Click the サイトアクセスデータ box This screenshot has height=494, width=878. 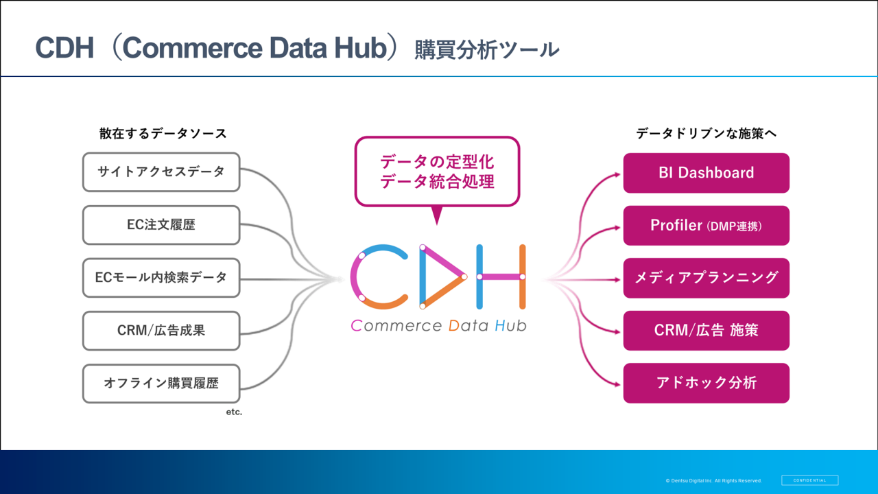click(161, 172)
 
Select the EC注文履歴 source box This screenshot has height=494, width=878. click(161, 225)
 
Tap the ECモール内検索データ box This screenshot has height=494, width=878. click(161, 278)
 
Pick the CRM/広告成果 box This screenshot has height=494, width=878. click(161, 331)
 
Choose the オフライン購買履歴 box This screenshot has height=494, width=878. click(161, 384)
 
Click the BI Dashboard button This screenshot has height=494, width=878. click(706, 173)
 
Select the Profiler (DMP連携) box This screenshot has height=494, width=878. click(706, 226)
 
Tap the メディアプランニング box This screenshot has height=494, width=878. click(706, 278)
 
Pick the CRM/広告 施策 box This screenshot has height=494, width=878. click(706, 331)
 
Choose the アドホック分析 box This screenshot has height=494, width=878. click(706, 383)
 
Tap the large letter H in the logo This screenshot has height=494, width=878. click(501, 276)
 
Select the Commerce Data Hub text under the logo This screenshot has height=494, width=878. click(438, 325)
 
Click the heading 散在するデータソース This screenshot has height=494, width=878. click(163, 134)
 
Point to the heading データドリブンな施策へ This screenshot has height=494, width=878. click(706, 134)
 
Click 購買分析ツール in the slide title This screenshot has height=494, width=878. click(486, 50)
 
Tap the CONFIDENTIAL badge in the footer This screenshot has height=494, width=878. click(809, 480)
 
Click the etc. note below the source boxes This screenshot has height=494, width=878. click(234, 413)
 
